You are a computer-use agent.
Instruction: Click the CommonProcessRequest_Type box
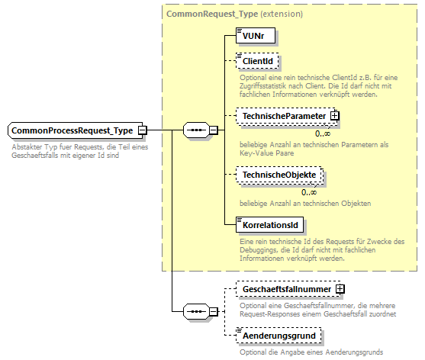click(x=72, y=130)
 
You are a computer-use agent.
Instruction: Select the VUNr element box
click(x=255, y=35)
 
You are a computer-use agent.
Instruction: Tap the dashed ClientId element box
click(x=257, y=60)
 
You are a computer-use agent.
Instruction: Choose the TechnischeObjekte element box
click(x=278, y=175)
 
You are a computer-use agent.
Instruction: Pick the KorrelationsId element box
click(x=269, y=225)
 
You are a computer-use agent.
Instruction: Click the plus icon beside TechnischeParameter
click(x=334, y=116)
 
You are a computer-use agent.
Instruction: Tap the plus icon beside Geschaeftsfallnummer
click(x=340, y=290)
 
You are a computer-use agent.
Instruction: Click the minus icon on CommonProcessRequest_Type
click(x=143, y=131)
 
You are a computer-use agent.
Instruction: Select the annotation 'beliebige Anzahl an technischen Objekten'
click(x=304, y=203)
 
